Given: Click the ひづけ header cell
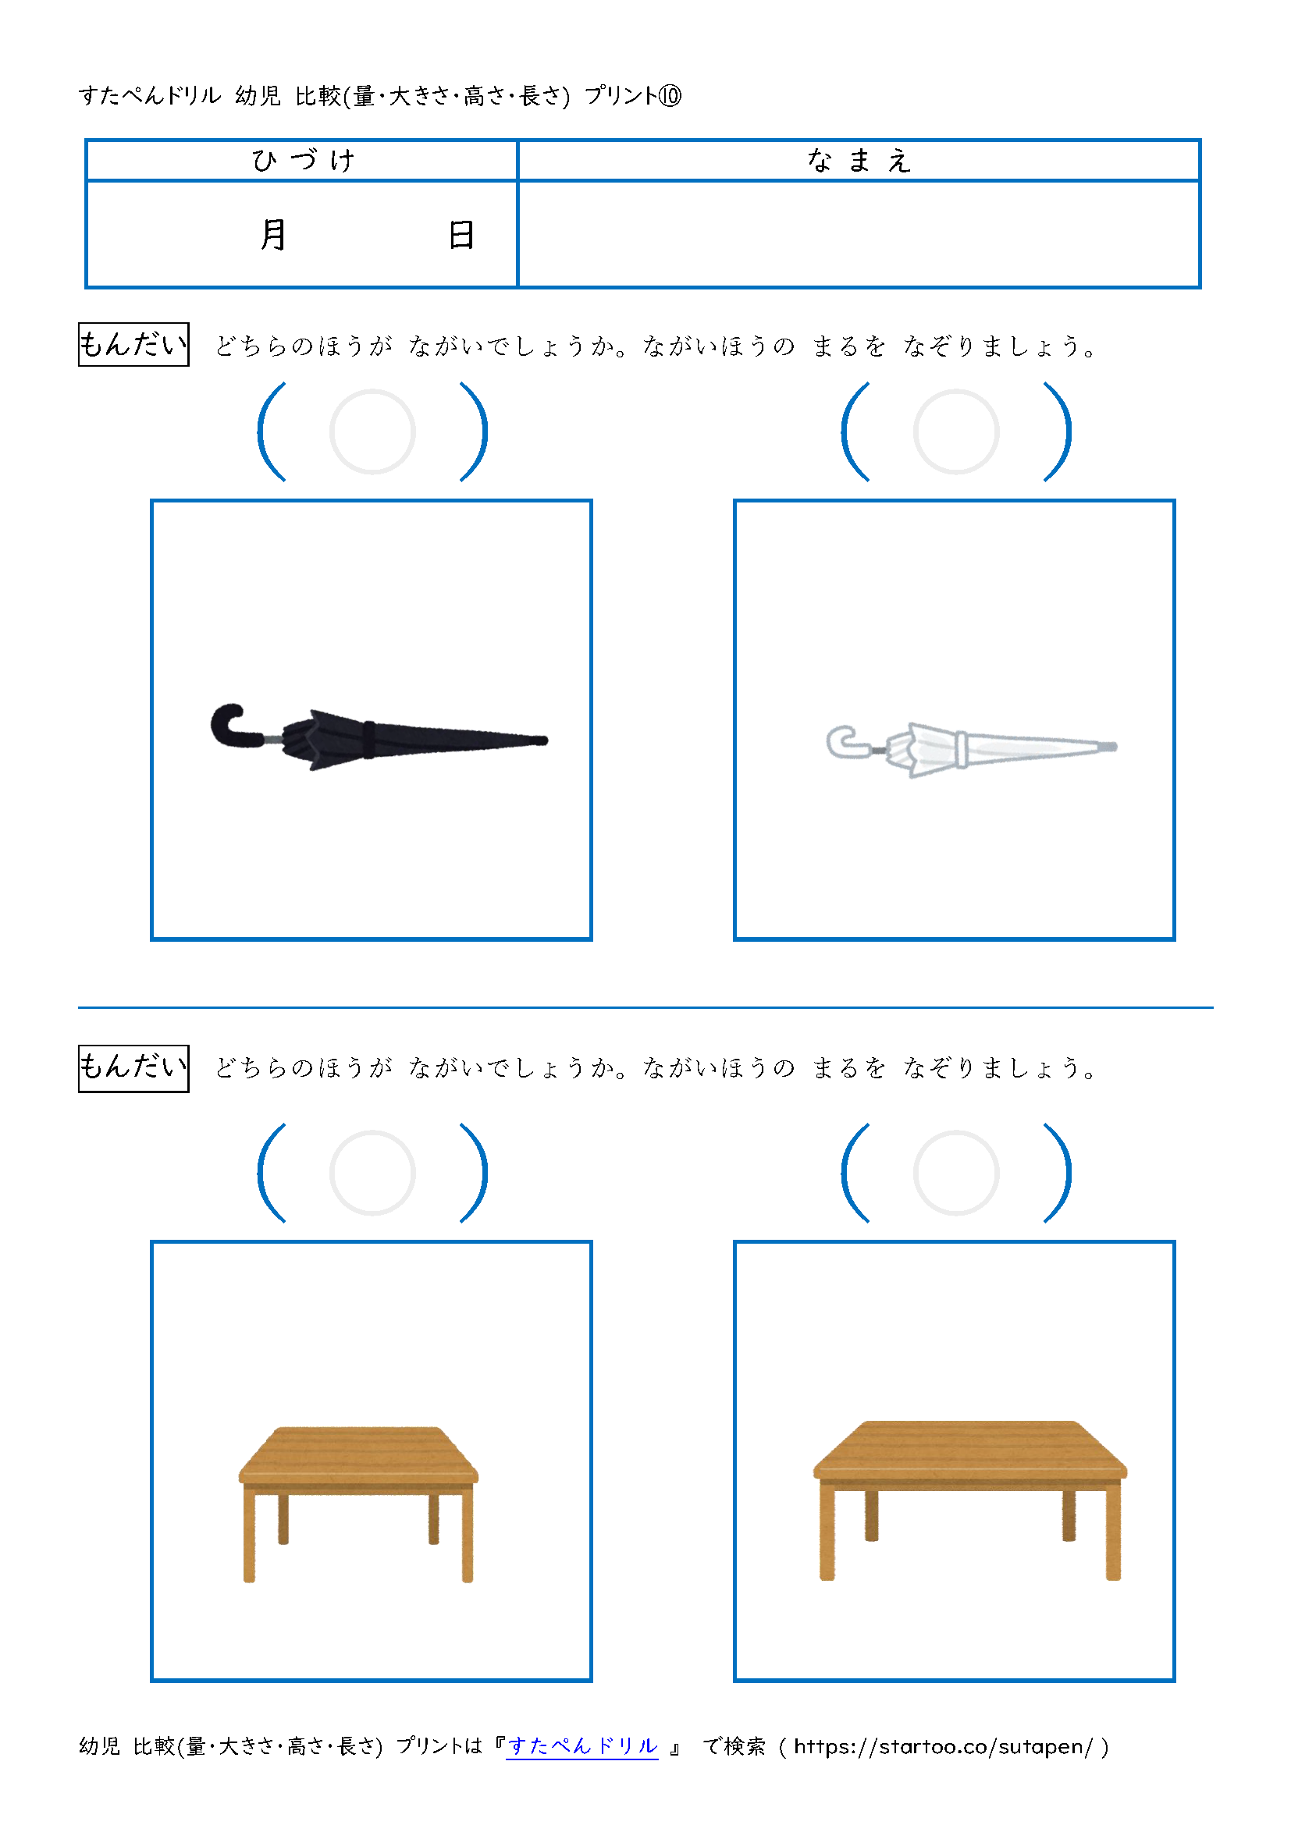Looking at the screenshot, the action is (x=302, y=161).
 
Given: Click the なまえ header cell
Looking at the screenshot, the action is (x=859, y=161).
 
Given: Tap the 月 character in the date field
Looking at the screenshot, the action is (x=273, y=235).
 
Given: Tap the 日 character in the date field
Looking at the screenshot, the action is (x=461, y=236).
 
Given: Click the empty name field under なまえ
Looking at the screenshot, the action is (x=859, y=235).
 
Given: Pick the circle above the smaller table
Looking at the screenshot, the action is (x=372, y=1131).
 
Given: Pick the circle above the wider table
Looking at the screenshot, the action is (x=955, y=1131).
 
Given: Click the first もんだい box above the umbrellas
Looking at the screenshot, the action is (x=133, y=344).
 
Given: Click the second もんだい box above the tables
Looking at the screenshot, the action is (x=133, y=1068).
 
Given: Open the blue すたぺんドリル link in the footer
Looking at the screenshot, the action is (x=583, y=1745).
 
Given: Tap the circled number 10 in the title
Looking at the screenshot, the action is (x=670, y=96).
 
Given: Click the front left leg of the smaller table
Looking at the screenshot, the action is (x=250, y=1537).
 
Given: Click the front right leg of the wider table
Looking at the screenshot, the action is (x=1113, y=1533).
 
